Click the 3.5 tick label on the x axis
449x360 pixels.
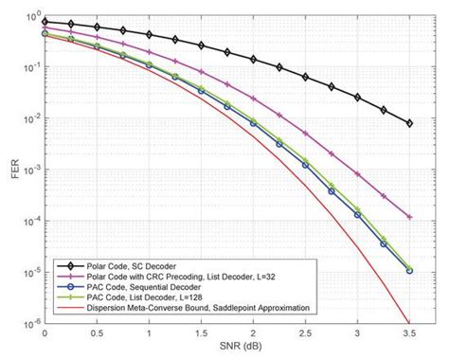[408, 335]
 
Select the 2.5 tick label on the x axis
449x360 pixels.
[304, 335]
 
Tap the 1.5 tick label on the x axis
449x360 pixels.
[200, 335]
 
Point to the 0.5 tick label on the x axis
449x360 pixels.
[97, 335]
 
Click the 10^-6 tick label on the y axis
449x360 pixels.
[28, 323]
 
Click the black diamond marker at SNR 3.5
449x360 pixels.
[408, 123]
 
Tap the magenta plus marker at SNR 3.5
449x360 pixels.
[408, 217]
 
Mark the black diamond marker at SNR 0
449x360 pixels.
[45, 21]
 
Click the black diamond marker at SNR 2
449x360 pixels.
[252, 58]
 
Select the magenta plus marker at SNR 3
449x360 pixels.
[356, 175]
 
